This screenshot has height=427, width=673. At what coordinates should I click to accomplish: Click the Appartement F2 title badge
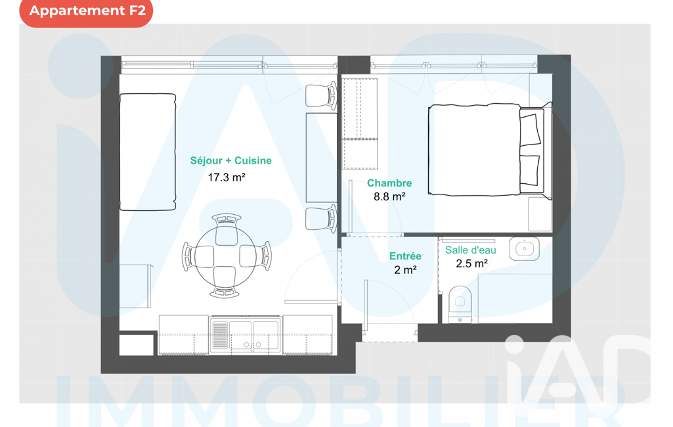coord(86,11)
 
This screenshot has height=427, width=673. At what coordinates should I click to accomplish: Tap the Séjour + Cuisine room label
coord(231,161)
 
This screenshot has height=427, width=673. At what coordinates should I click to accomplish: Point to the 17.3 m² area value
coord(227,177)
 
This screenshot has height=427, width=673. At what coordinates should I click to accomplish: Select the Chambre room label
coord(389,183)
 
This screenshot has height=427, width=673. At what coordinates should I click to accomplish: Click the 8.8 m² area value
coord(389,196)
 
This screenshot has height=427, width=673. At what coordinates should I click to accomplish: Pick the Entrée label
coord(405,256)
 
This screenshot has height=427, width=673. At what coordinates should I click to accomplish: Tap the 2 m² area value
coord(406,270)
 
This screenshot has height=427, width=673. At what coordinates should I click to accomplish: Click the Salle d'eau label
coord(470,250)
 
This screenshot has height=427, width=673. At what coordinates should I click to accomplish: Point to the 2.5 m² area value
coord(471,263)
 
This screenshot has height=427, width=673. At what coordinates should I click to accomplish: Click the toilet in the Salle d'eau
coord(460,303)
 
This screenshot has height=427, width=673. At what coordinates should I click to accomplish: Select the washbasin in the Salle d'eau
coord(524,249)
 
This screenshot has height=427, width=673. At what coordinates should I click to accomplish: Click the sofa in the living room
coord(148,152)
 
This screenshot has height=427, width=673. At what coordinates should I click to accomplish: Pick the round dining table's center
coord(226,257)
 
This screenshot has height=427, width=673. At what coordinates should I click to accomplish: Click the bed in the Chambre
coord(489,150)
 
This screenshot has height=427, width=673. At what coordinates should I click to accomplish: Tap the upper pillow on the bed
coord(530,129)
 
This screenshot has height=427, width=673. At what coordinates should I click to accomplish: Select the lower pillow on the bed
coord(530,171)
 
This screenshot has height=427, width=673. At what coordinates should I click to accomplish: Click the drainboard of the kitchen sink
coord(220,335)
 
